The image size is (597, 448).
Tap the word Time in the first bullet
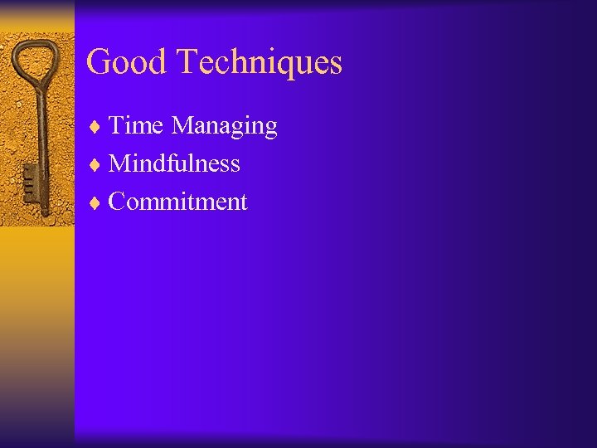(137, 126)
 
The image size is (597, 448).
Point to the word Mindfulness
(174, 163)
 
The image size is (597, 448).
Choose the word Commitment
(177, 202)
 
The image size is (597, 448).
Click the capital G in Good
(99, 62)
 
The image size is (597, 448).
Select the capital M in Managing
(183, 126)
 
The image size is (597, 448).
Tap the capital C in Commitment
(119, 202)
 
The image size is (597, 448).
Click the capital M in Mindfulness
(121, 163)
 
